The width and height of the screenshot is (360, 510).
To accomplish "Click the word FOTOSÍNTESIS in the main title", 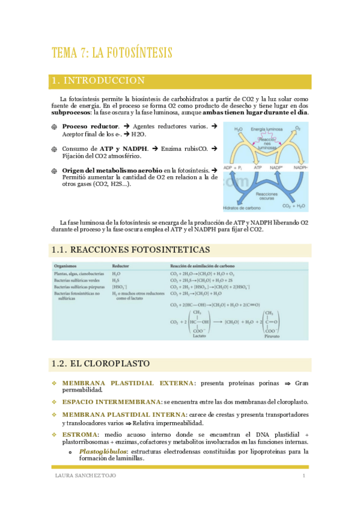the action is click(133, 54).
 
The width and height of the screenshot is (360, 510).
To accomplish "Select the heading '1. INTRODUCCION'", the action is click(98, 81).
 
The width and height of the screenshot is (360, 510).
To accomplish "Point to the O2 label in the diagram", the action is click(298, 128).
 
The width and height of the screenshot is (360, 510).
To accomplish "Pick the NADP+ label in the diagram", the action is click(277, 167).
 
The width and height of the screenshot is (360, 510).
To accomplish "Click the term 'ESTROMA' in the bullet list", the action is click(79, 434).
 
